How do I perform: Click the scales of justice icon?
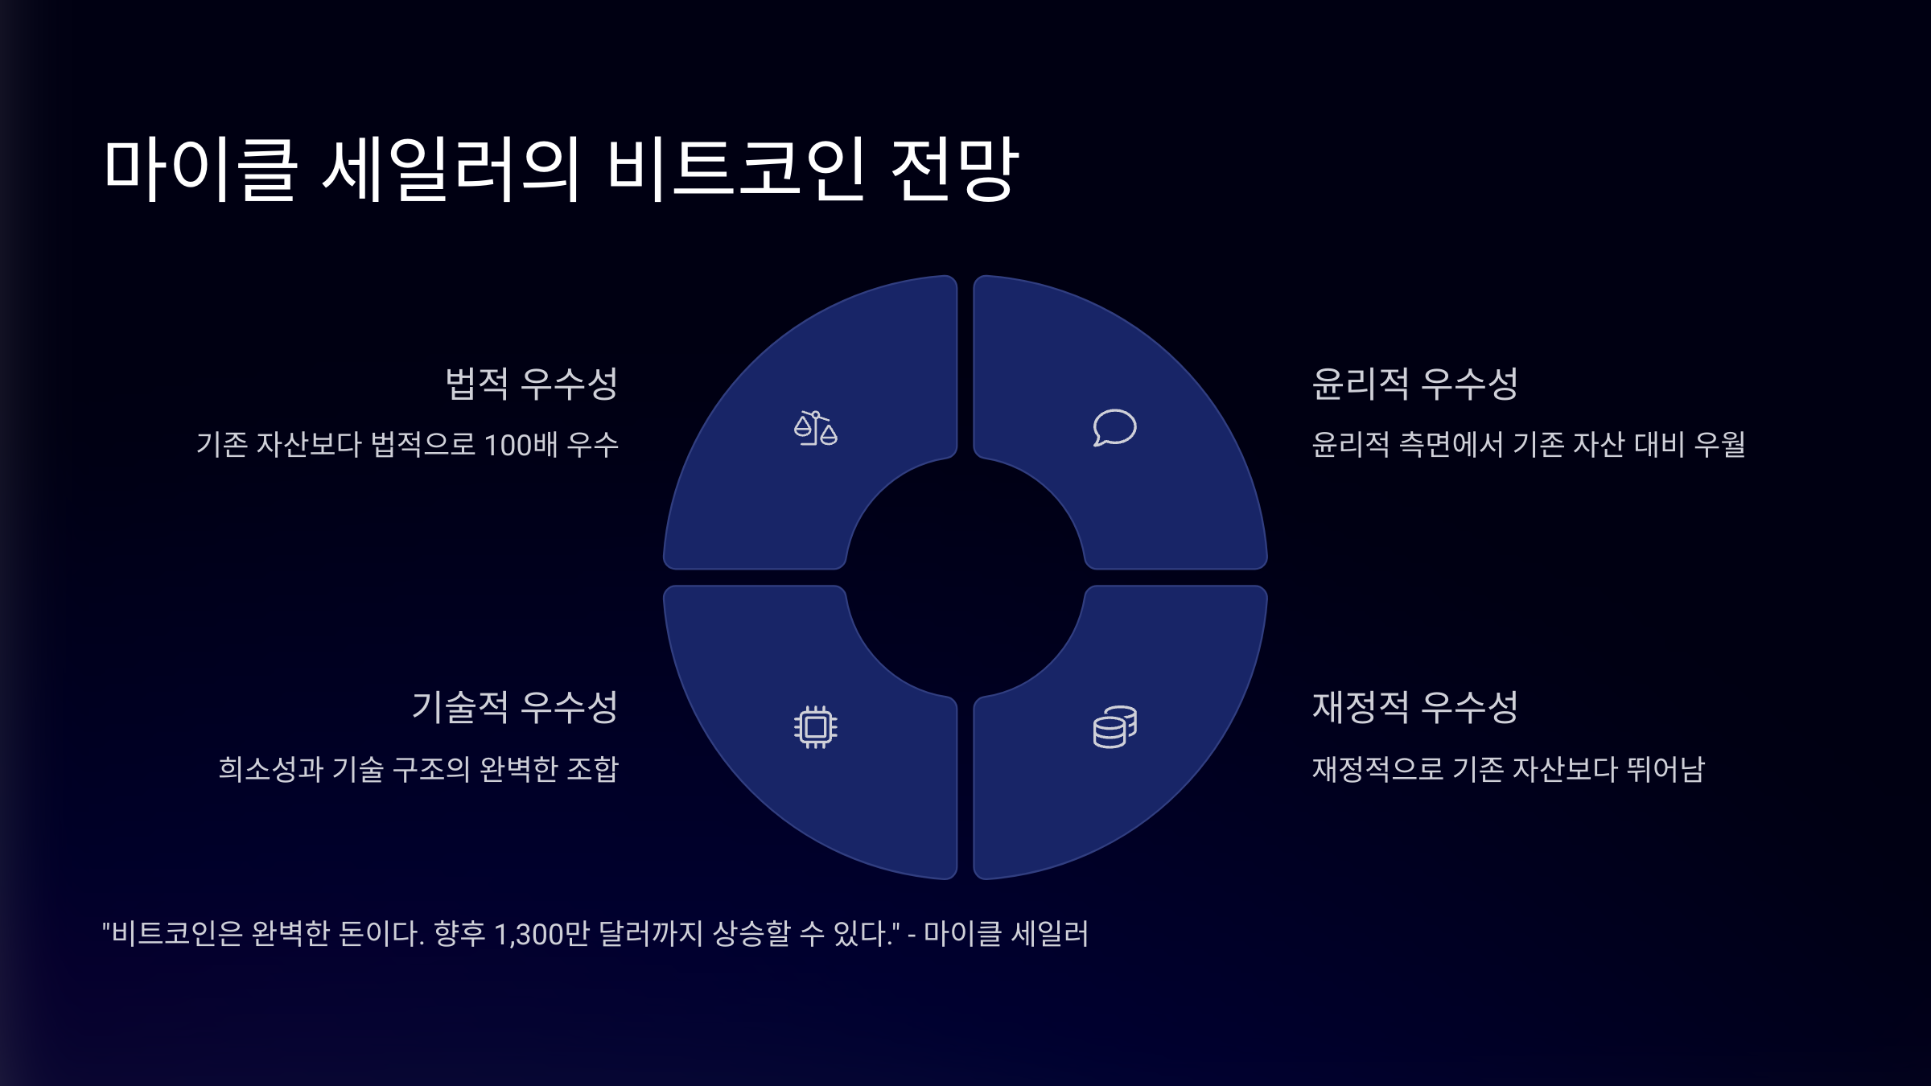815,428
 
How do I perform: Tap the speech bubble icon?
1114,427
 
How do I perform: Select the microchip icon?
815,727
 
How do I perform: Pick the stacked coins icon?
1114,727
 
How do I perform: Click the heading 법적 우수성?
531,383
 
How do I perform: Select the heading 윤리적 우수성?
1414,383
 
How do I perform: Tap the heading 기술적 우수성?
514,707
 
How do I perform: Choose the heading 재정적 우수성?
1414,707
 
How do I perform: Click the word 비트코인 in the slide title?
735,169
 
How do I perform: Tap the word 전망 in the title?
955,169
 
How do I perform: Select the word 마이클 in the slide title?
200,169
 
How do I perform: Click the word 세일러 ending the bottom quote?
1049,934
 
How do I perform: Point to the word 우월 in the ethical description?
1719,445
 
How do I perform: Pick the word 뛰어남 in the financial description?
1665,769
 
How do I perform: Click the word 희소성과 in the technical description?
270,769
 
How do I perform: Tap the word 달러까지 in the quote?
651,934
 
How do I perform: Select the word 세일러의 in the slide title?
451,169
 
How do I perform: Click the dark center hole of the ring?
965,577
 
